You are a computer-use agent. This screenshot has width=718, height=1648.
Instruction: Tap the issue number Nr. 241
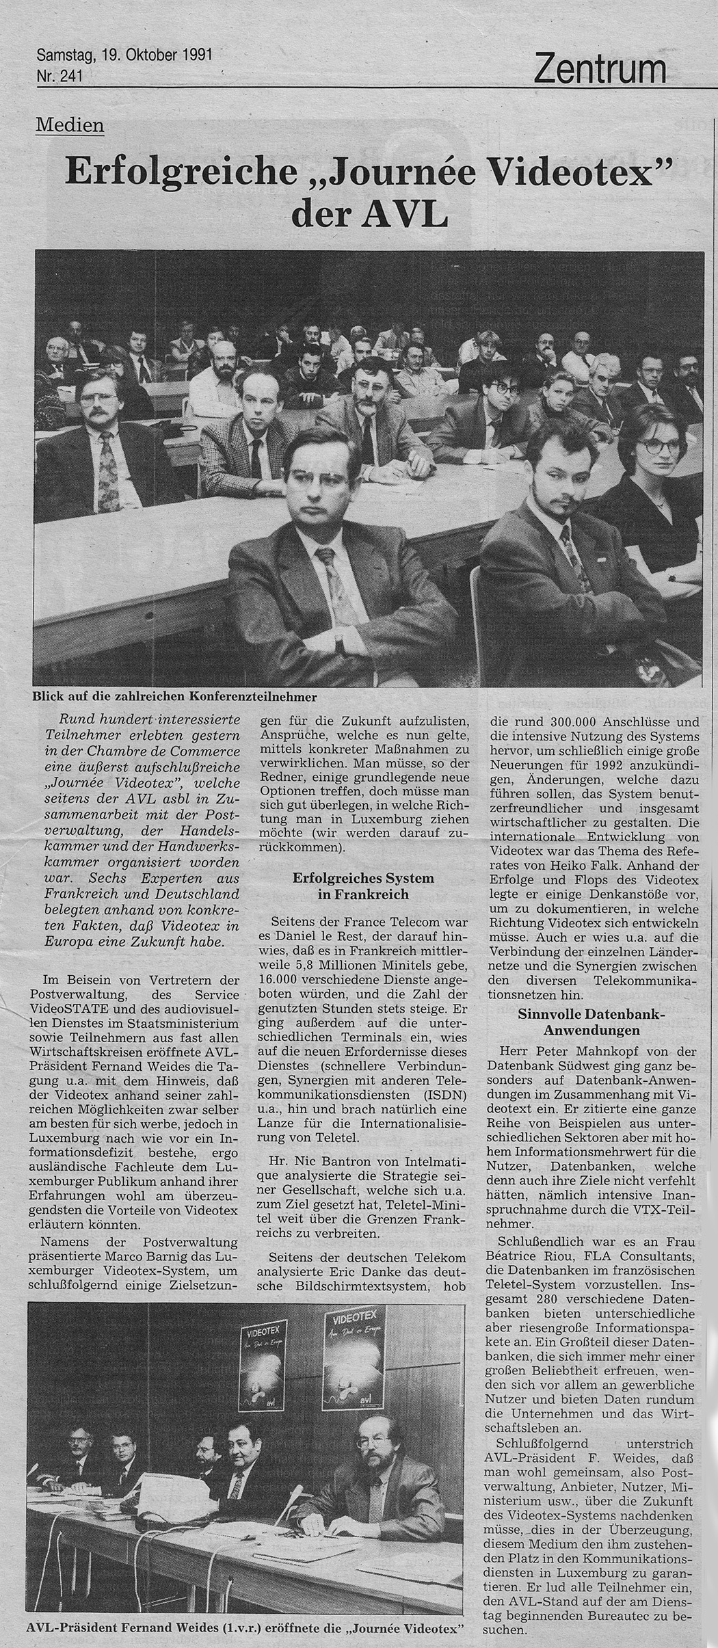59,77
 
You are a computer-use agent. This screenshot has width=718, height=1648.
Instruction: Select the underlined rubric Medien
70,125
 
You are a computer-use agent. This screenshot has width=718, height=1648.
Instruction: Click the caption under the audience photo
174,697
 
